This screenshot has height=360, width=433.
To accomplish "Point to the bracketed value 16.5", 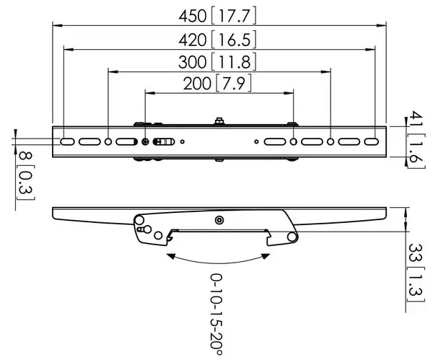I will coord(235,39).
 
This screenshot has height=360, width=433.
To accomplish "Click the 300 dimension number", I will coord(191,62).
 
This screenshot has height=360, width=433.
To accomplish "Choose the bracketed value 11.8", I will coord(235,62).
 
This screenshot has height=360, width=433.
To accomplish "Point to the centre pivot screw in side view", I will coord(219,219).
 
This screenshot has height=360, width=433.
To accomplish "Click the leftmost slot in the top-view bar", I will coord(66,142).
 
